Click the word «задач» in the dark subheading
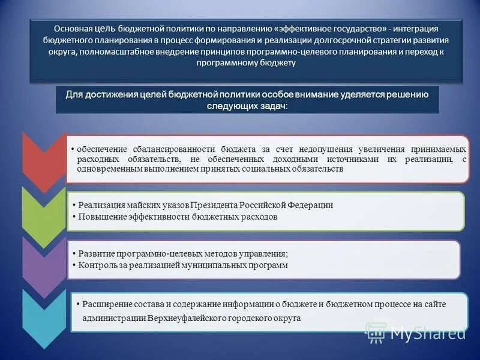(x=274, y=106)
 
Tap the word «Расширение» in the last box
(x=106, y=304)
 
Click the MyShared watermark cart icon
(x=376, y=331)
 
